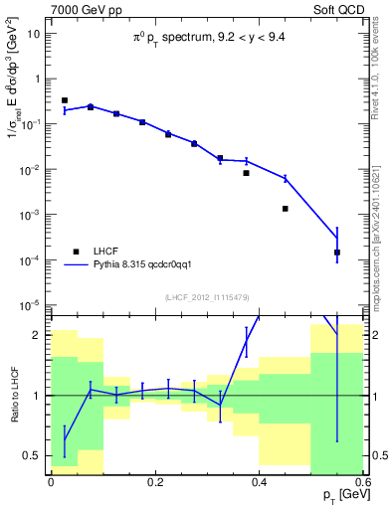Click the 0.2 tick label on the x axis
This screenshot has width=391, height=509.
(x=154, y=481)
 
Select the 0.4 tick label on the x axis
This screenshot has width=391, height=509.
(x=259, y=481)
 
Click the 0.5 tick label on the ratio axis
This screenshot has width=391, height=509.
(x=34, y=455)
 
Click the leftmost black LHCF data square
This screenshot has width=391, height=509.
(x=64, y=100)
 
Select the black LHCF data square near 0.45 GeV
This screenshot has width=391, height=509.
(x=286, y=209)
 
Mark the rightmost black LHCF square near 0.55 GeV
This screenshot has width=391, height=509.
(x=337, y=253)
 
